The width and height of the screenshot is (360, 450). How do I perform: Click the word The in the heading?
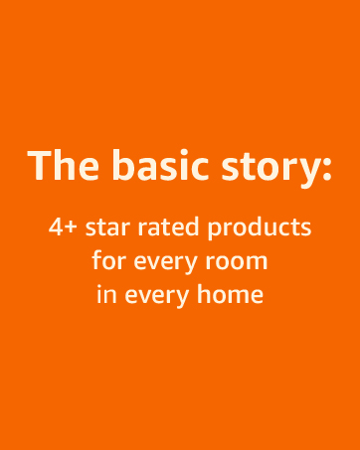(63, 165)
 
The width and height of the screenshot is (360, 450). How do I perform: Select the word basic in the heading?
(160, 165)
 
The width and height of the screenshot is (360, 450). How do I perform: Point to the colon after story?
(326, 170)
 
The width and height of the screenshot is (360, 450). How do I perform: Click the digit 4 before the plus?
(56, 226)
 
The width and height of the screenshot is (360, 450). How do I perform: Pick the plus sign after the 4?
(71, 227)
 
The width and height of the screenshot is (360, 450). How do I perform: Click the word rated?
(168, 226)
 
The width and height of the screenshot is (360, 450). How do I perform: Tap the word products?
(260, 228)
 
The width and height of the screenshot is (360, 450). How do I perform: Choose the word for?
(109, 260)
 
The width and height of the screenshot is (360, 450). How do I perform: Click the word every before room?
(165, 263)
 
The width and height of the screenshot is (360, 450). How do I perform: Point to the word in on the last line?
(106, 294)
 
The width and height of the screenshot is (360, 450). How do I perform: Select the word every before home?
(157, 297)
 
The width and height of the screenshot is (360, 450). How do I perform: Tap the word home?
(230, 294)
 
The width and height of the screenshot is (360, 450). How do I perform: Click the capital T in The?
(40, 165)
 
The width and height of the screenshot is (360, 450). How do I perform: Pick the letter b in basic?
(123, 165)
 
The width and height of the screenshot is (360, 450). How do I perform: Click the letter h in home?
(204, 294)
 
